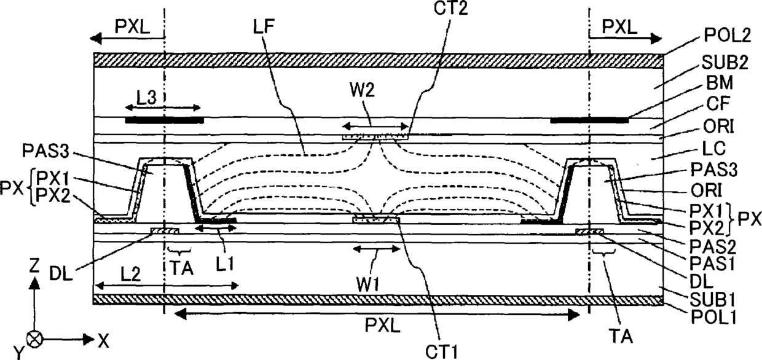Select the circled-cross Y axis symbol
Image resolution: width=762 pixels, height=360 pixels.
(x=36, y=338)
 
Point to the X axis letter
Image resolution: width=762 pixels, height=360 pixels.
(x=102, y=338)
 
